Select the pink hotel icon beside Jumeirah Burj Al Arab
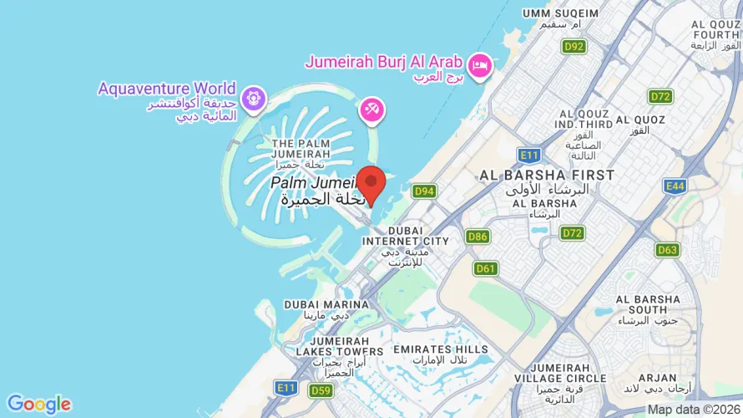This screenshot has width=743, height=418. coord(479,65)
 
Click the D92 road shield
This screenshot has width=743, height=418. coord(574,47)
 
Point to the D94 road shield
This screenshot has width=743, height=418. coord(425,191)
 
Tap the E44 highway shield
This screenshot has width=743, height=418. coord(675,186)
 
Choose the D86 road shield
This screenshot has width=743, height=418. coord(478,237)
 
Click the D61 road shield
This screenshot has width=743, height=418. coord(486,268)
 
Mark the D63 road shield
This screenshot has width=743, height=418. coord(667,249)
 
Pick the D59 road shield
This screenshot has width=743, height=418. coord(321,390)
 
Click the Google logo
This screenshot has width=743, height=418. coord(39,405)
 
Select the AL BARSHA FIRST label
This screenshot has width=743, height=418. coord(547,176)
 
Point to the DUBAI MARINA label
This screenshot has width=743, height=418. coord(326,305)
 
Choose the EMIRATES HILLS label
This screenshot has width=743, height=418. coord(441,349)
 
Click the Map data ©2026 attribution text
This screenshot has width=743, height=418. coord(693,410)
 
